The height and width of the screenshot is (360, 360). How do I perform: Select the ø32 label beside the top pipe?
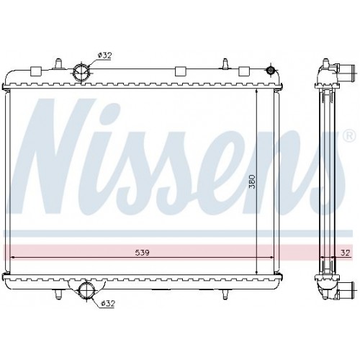(106, 55)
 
